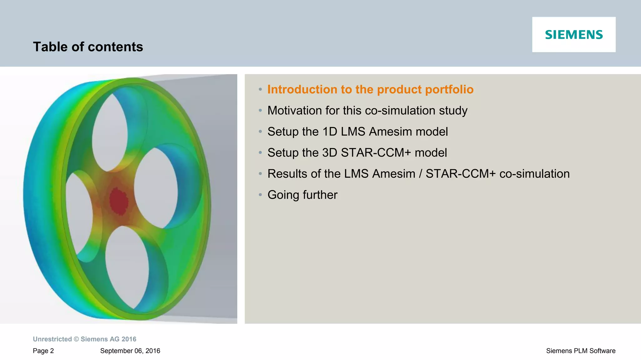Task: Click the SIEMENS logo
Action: tap(574, 35)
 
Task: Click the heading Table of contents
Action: tap(88, 47)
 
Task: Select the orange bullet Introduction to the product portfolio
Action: tap(370, 89)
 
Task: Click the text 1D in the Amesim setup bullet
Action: tap(330, 132)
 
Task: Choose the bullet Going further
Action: tap(302, 195)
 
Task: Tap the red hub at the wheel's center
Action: tap(119, 201)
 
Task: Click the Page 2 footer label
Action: tap(43, 351)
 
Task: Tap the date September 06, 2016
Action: tap(130, 351)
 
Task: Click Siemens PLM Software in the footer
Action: tap(581, 351)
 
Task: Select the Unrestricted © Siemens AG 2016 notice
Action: tap(85, 339)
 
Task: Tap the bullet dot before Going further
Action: tap(260, 195)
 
